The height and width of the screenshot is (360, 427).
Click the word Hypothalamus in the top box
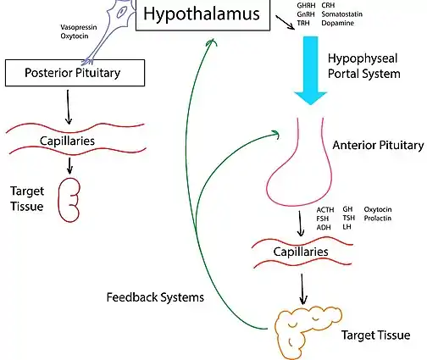(x=202, y=14)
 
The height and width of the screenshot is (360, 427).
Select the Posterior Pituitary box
(x=75, y=73)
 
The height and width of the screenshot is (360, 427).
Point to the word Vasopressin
(x=79, y=27)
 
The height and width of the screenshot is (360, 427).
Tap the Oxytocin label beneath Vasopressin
(x=75, y=36)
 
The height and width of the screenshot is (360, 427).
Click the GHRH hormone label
(x=306, y=5)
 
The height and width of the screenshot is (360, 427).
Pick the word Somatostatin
(x=342, y=14)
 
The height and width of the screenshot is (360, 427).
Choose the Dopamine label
(x=338, y=23)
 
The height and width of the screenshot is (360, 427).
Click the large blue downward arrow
(x=311, y=70)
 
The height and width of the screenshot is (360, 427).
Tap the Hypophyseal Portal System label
(x=364, y=66)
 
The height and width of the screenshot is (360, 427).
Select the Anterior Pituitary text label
(x=378, y=145)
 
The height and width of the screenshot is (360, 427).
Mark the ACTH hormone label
(x=325, y=210)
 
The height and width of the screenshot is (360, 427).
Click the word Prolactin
(x=378, y=219)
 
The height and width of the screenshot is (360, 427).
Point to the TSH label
(x=349, y=218)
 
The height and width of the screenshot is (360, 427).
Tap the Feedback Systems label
(x=155, y=297)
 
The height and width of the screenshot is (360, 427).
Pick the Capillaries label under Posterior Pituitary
(x=67, y=141)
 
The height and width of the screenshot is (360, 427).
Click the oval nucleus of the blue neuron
(x=122, y=12)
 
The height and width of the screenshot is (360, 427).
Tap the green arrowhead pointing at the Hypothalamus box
(x=211, y=42)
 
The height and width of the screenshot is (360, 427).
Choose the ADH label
(x=324, y=227)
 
